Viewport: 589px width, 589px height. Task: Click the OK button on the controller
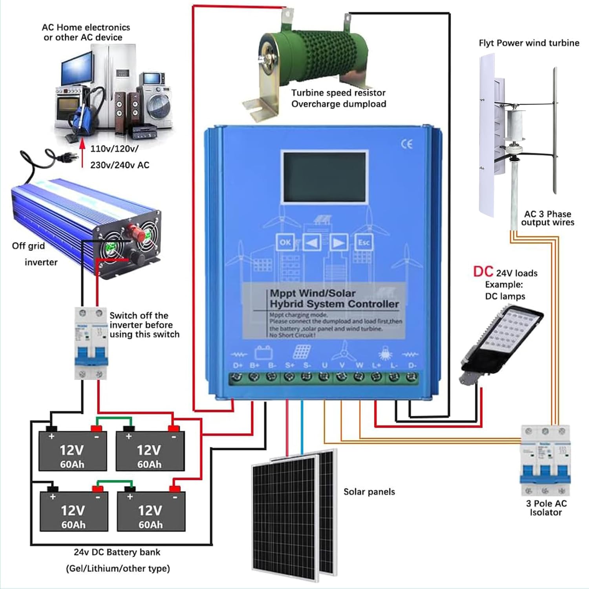click(285, 243)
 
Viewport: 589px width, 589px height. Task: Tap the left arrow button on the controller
click(312, 243)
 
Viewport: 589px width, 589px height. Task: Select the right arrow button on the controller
click(338, 243)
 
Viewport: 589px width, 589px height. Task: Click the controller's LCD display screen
click(325, 177)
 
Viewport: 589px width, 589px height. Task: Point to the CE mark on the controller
click(407, 144)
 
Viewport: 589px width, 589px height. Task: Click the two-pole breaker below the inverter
click(91, 343)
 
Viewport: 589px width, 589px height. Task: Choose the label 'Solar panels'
click(369, 492)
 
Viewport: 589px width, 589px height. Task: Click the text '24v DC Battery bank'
click(117, 552)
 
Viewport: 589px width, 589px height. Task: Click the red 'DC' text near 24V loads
click(483, 272)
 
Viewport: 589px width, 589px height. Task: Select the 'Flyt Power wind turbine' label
click(529, 43)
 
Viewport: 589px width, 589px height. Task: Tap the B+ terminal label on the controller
click(254, 365)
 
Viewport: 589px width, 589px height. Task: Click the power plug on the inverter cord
click(61, 157)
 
